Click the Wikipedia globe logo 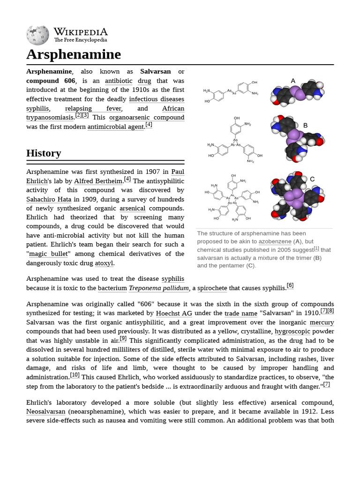37,35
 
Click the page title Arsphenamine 74,54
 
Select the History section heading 44,153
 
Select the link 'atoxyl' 104,263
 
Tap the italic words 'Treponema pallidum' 159,288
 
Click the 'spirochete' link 212,288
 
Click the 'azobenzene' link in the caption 275,241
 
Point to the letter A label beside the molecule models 293,81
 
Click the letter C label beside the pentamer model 312,179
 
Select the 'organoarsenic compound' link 147,117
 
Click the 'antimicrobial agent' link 115,127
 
